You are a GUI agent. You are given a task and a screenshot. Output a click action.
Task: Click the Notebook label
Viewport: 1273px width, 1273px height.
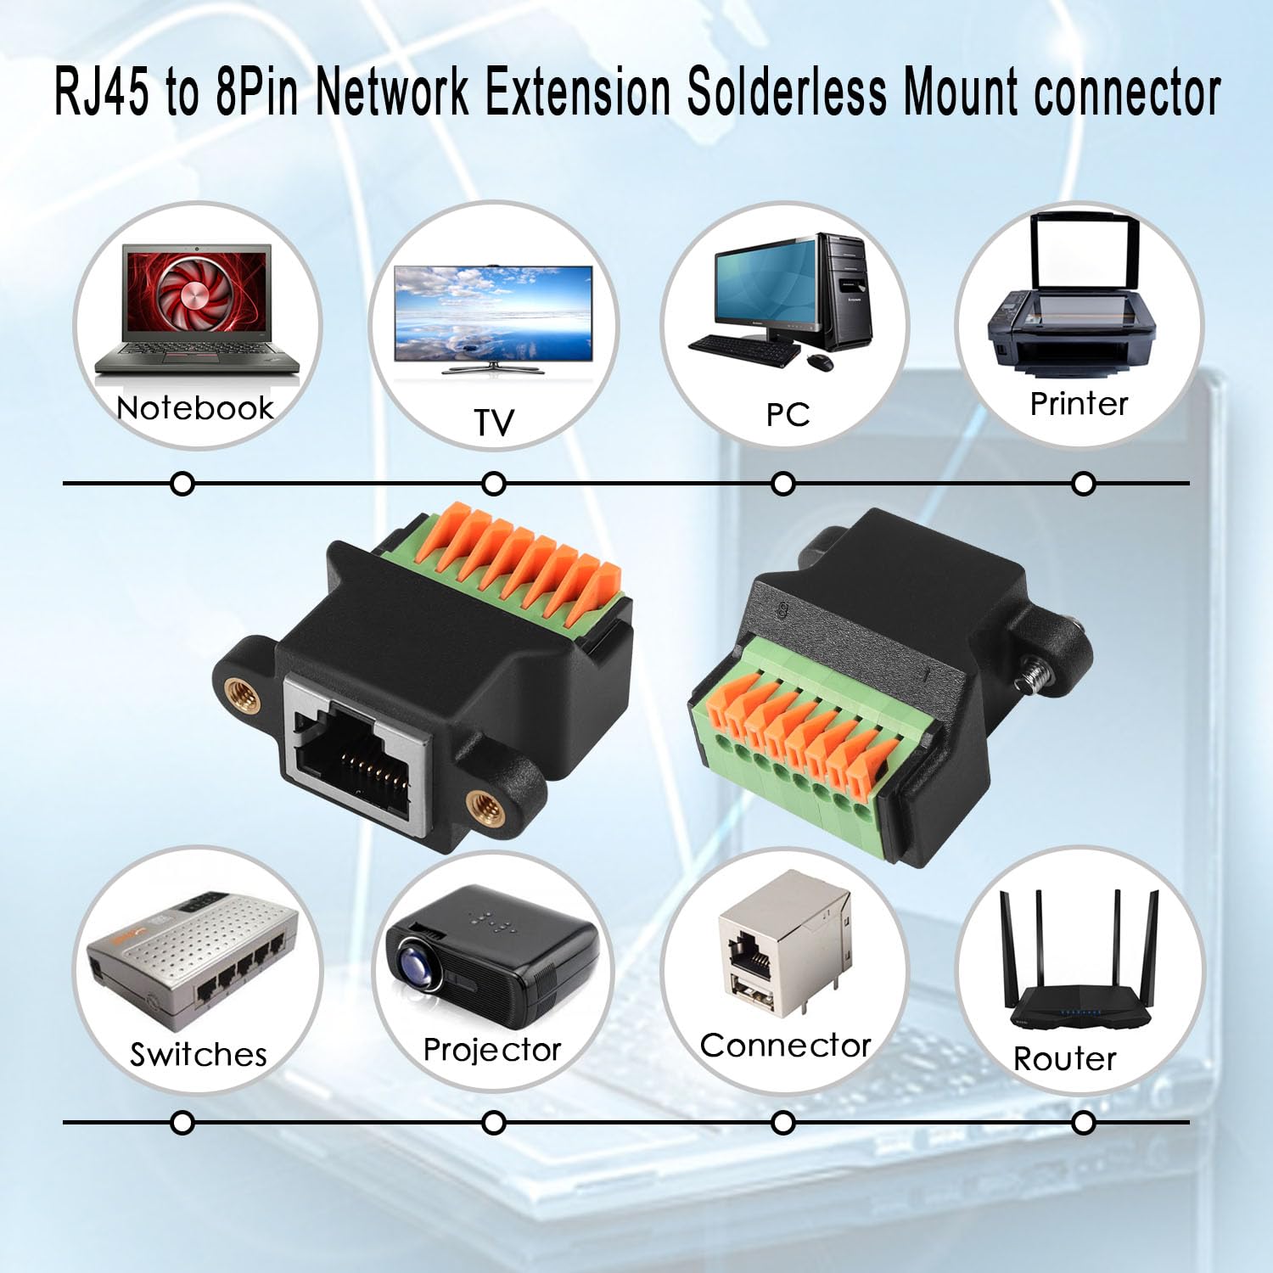click(x=195, y=408)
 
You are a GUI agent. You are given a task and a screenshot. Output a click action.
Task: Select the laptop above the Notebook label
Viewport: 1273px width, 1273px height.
click(x=197, y=311)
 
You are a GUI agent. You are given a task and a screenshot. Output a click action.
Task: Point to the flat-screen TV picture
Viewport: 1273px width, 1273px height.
click(x=493, y=318)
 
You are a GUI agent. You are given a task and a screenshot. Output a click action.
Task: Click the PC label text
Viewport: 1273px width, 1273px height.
click(x=788, y=414)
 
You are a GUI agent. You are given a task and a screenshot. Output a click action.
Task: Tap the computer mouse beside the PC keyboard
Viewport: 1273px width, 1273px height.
click(x=819, y=362)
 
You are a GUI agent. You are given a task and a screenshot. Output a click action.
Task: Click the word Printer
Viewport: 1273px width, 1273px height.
click(x=1079, y=404)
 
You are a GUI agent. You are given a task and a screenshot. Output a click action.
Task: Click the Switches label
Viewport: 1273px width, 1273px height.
click(x=199, y=1055)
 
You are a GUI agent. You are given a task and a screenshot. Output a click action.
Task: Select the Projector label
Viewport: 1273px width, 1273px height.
click(x=492, y=1051)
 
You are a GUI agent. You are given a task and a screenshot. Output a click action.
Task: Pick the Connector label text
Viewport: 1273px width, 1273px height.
click(x=786, y=1046)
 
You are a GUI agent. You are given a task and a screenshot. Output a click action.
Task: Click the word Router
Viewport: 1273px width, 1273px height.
click(x=1065, y=1059)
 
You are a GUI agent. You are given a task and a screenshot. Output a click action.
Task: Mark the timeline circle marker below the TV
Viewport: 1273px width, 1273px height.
click(x=493, y=485)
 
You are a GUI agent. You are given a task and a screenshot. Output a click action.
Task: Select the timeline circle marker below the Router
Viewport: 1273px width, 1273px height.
click(x=1083, y=1123)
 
